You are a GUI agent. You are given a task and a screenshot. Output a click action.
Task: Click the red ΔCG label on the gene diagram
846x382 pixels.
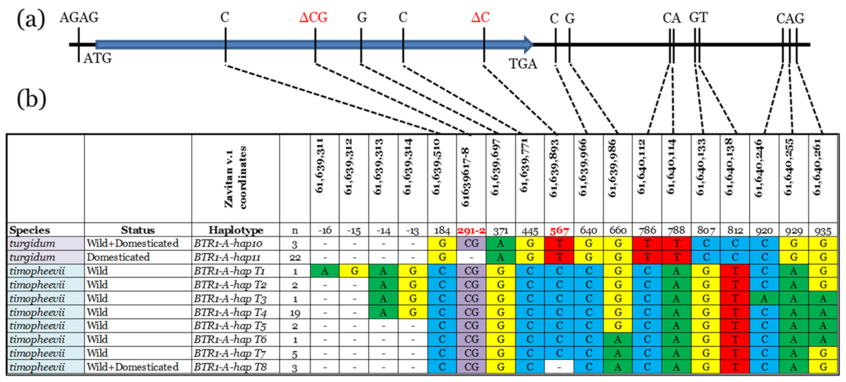(313, 18)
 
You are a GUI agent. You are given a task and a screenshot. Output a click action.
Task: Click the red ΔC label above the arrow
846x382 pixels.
(480, 18)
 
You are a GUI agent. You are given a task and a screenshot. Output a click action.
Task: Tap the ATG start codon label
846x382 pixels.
(98, 59)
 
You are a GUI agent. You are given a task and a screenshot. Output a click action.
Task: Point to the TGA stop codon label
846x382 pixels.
(523, 64)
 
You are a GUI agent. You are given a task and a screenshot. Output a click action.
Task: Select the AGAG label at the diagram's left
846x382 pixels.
(79, 18)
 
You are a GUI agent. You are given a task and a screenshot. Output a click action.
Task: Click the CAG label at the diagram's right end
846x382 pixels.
(790, 18)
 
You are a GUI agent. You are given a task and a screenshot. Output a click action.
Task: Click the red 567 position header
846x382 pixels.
(559, 230)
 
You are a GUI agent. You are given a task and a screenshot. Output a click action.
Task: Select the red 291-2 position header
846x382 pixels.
(471, 230)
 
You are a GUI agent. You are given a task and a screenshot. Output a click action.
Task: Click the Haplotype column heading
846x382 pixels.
(235, 230)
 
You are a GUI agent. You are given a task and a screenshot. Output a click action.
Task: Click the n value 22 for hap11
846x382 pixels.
(295, 257)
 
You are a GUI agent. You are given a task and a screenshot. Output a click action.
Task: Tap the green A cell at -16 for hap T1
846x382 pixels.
(324, 271)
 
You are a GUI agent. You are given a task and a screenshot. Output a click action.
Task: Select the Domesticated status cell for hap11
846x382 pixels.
(118, 257)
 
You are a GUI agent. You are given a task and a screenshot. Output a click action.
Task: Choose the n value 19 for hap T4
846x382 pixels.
(295, 312)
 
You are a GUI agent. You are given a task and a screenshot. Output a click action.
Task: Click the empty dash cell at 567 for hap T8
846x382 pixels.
(559, 367)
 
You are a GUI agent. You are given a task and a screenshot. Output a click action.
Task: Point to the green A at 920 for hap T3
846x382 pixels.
(764, 299)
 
